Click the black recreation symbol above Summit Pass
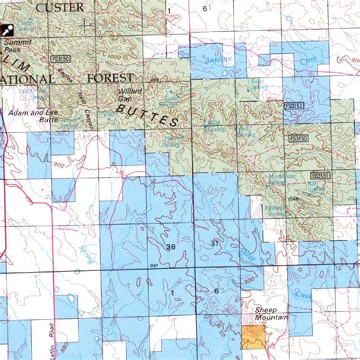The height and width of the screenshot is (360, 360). [x=8, y=30]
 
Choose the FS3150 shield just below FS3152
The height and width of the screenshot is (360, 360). [x=298, y=138]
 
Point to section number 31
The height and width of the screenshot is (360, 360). [x=214, y=242]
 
